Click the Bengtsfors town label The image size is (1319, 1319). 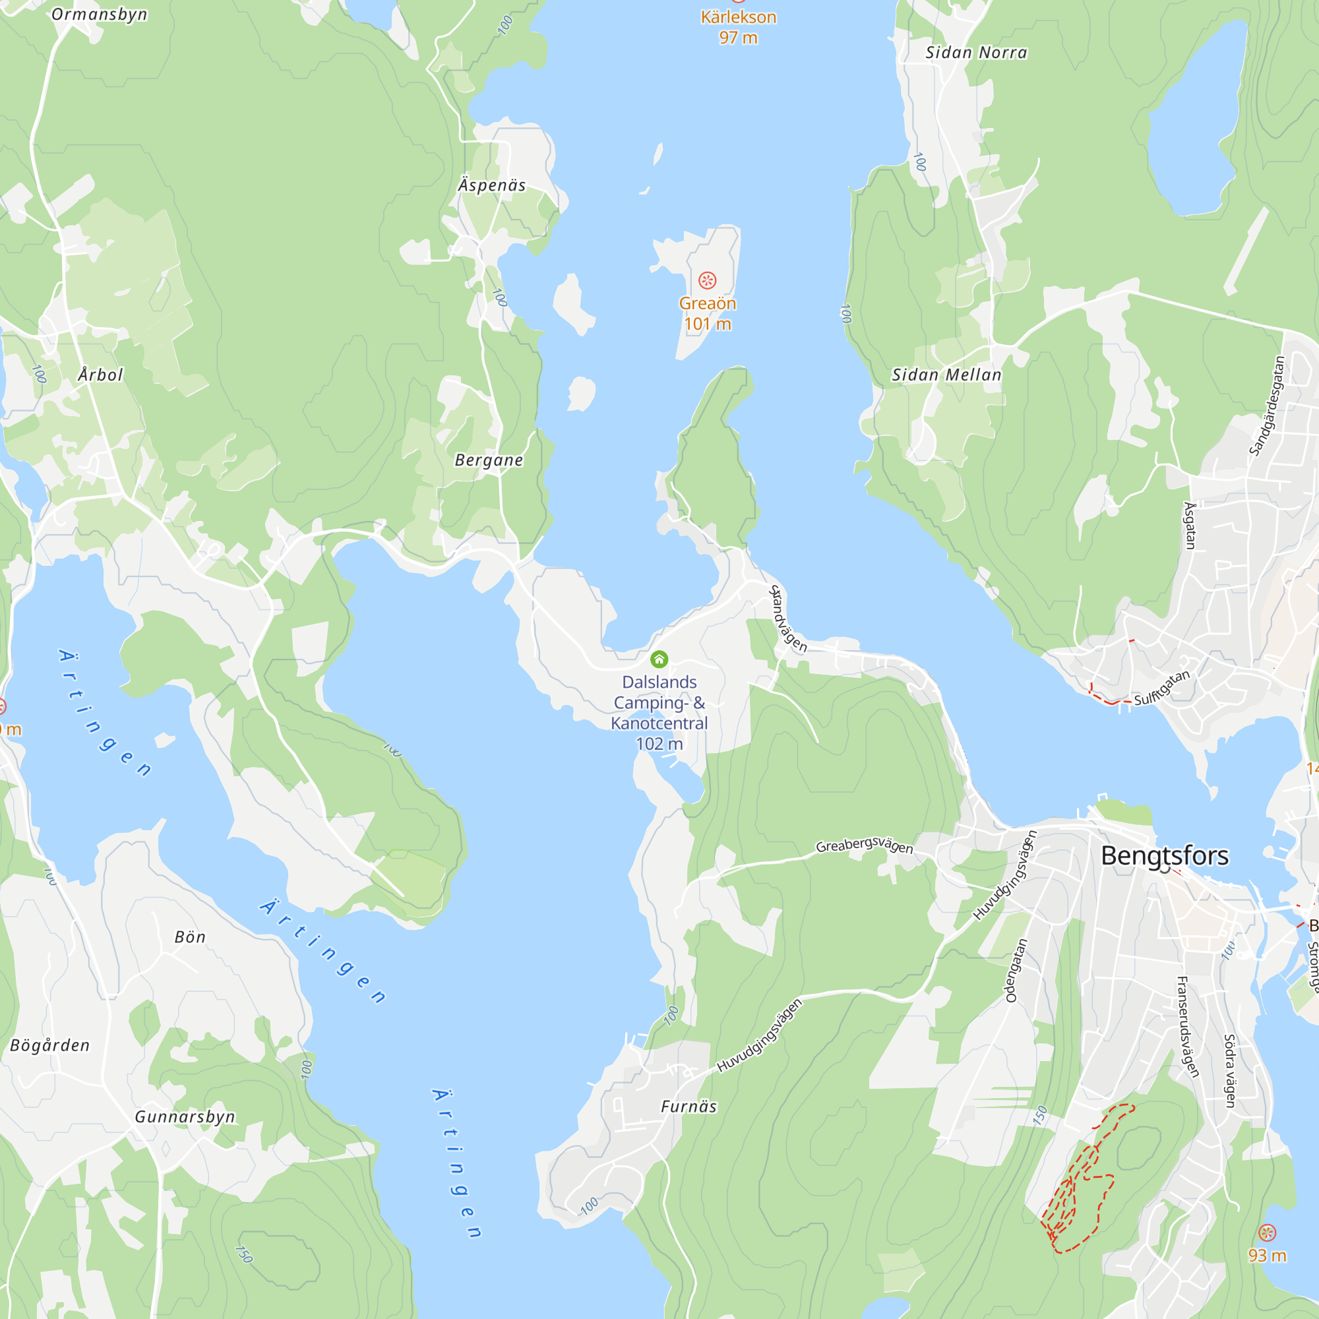(1164, 855)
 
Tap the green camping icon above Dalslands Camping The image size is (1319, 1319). (659, 659)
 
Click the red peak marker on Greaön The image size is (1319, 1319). (707, 280)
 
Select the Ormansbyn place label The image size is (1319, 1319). (99, 15)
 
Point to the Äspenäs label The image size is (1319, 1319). (491, 185)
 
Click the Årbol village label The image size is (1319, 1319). (100, 375)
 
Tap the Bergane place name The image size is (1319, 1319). (489, 460)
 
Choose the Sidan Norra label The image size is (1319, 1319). (975, 53)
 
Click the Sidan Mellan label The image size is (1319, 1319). (946, 375)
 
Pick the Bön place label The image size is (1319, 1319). (190, 937)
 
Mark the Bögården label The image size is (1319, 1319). (50, 1045)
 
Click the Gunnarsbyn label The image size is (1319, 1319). (185, 1117)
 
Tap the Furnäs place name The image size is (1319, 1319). (689, 1107)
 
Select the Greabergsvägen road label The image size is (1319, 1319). (865, 845)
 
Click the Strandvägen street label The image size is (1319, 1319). (788, 619)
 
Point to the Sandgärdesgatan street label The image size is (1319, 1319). (1267, 406)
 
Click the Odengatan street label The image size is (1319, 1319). (1016, 970)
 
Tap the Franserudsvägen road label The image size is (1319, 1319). (1187, 1027)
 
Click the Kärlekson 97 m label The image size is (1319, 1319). (738, 26)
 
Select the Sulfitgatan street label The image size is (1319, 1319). (1162, 688)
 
